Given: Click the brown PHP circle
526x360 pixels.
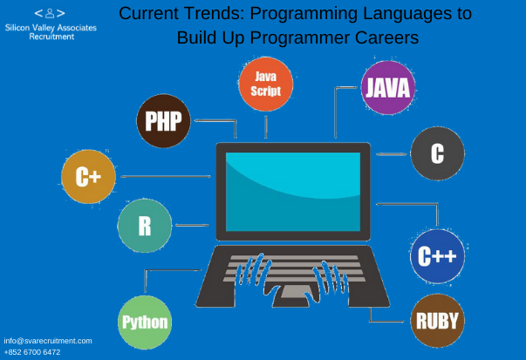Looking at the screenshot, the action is [163, 121].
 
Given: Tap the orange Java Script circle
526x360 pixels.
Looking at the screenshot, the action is [266, 85].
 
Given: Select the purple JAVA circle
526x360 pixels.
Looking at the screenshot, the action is [388, 88].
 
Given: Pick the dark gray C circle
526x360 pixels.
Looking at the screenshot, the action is [437, 153].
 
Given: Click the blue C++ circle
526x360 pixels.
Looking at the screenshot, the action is [437, 256].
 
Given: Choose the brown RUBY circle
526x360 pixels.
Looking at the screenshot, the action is [437, 321].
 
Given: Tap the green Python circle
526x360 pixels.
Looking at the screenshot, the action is [145, 323].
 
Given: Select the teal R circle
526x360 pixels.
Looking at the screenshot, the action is [145, 226].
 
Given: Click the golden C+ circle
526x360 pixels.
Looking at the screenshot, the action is [89, 177].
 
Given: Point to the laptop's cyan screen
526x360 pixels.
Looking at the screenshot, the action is [293, 192].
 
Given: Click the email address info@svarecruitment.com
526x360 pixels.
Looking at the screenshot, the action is [48, 341].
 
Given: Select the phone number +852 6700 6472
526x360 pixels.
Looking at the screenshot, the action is [32, 352].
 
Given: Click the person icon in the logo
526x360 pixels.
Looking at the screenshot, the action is [50, 13].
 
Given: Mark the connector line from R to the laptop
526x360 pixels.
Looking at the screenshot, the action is [192, 225].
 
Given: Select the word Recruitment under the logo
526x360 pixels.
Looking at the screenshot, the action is [51, 37].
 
